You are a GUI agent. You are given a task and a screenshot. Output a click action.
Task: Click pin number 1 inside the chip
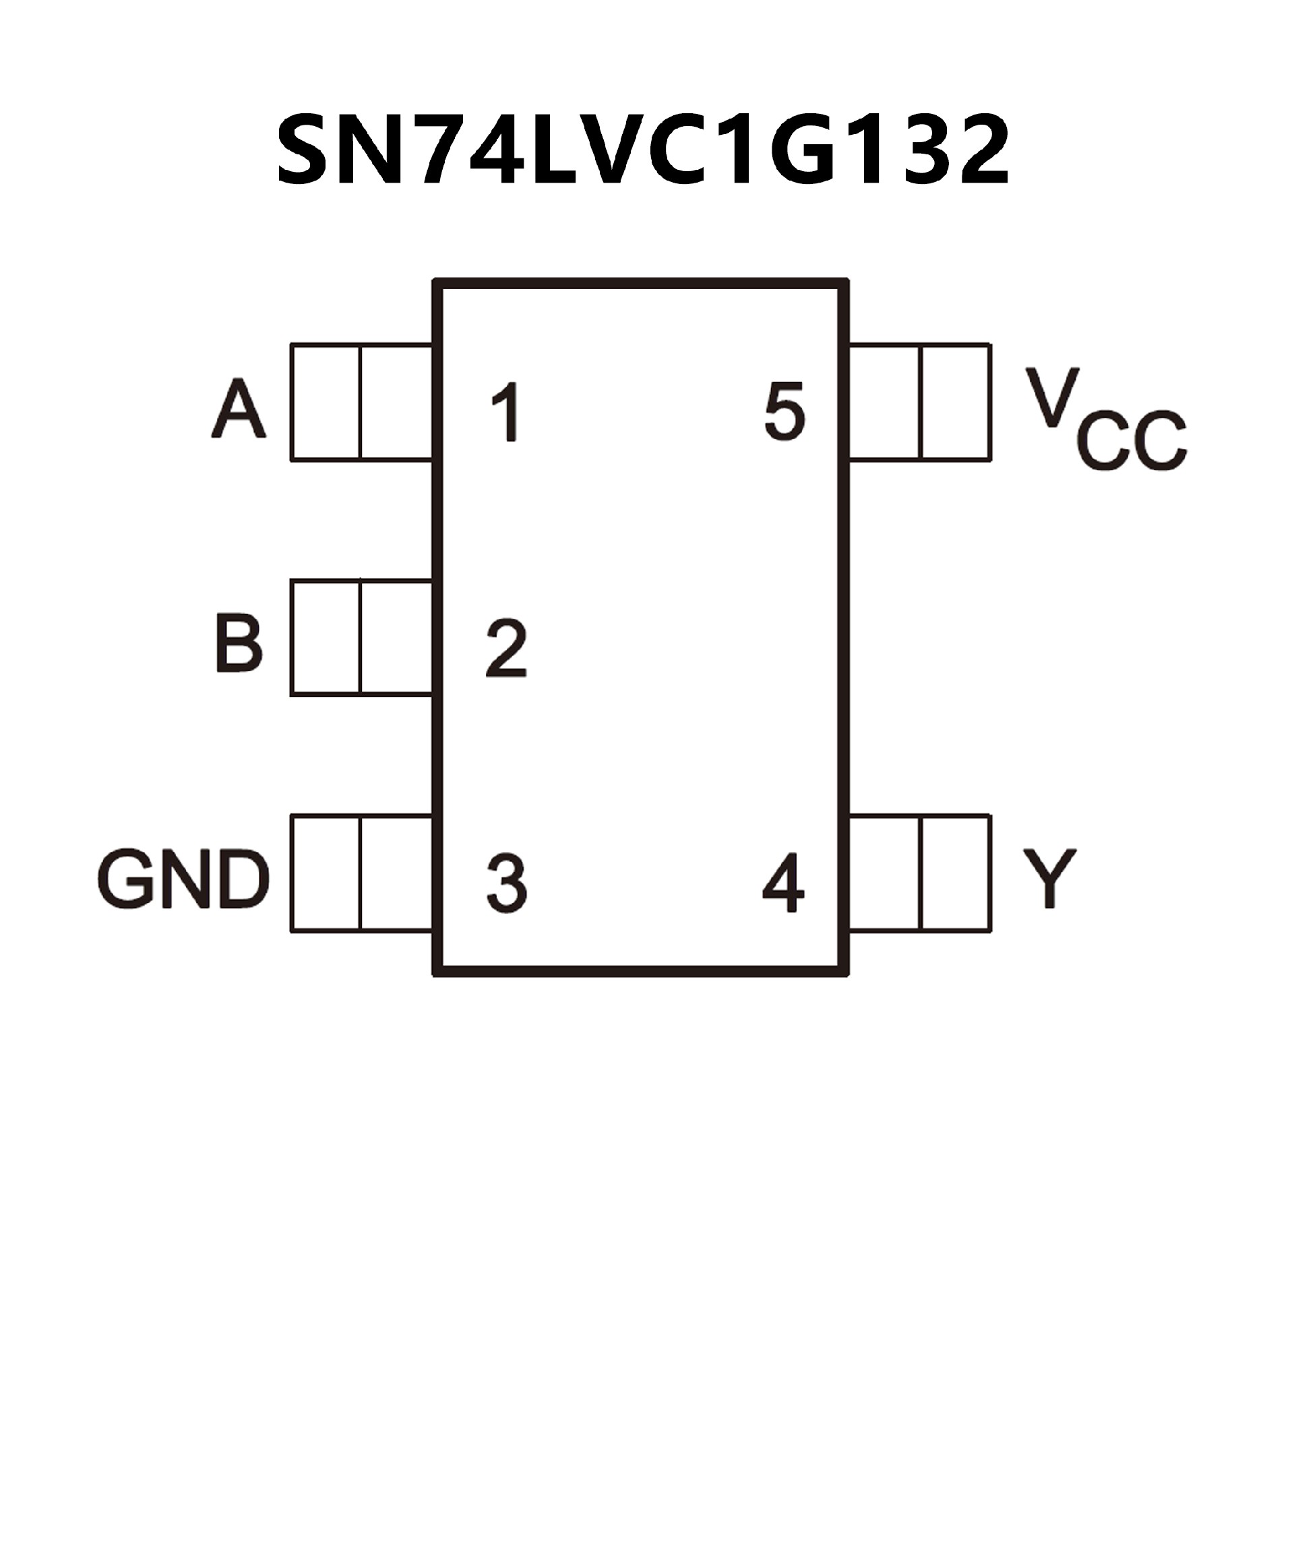point(507,412)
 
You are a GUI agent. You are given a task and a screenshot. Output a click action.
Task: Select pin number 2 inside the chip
point(507,648)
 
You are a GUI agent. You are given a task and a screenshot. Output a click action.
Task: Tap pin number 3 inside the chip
point(507,883)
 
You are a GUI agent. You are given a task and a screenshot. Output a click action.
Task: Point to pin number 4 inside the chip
point(784,883)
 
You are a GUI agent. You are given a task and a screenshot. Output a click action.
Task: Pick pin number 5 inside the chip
point(784,412)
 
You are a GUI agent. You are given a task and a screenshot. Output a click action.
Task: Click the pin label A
point(238,410)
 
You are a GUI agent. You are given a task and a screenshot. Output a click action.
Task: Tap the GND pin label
point(183,879)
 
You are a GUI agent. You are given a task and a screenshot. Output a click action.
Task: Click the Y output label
point(1049,879)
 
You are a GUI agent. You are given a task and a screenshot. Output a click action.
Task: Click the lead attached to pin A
point(361,402)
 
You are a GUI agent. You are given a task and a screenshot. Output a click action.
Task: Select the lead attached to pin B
point(361,638)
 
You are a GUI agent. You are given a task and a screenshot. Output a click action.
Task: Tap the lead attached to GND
point(361,873)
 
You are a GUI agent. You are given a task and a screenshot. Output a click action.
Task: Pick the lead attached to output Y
point(920,873)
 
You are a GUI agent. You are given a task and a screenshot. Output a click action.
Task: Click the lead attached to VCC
point(920,402)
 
